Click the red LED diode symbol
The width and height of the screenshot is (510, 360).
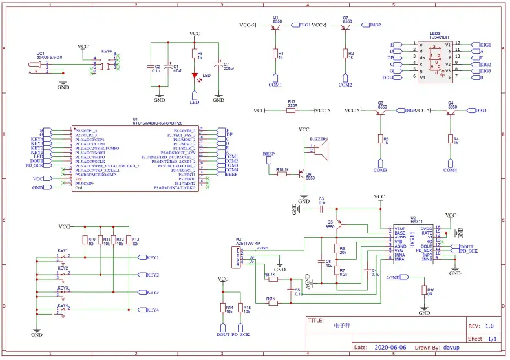tap(195, 76)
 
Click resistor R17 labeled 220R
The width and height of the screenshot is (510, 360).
tap(291, 111)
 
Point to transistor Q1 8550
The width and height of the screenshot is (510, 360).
tap(276, 26)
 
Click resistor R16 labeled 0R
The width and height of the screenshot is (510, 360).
tap(423, 290)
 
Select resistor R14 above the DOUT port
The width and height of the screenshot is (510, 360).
tap(223, 308)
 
